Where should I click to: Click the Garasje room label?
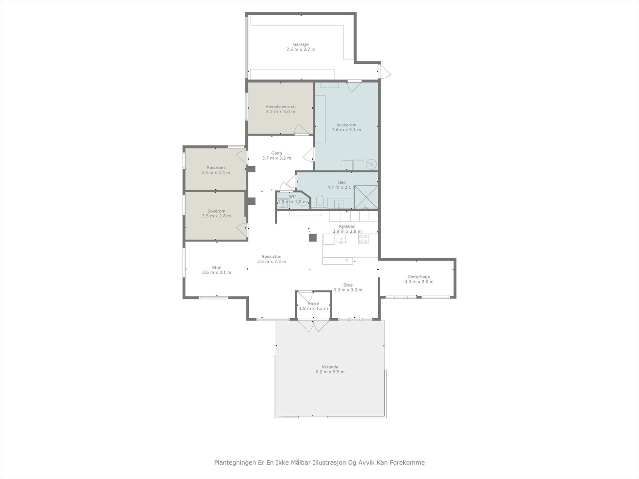point(300,45)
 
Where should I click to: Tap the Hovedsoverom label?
point(280,107)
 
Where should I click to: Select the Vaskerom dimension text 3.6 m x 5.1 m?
point(346,130)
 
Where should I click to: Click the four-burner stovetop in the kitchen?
point(363,239)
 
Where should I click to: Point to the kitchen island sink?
point(341,239)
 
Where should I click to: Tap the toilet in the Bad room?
point(319,201)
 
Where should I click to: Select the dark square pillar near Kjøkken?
point(313,238)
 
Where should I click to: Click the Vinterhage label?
point(419,277)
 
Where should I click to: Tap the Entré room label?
point(314,304)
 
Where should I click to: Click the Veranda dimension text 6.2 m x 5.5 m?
point(330,372)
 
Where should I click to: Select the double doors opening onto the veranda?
point(314,326)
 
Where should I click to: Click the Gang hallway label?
point(276,153)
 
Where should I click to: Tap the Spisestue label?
point(272,257)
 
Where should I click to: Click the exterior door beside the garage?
point(385,72)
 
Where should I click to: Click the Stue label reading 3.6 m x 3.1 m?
point(216,267)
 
